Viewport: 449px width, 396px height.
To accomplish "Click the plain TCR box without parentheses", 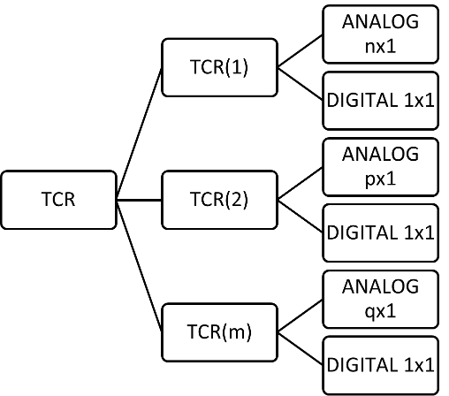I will (x=58, y=199).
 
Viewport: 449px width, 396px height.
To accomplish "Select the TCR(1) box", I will (x=220, y=67).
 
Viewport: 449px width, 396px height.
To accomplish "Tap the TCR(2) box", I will (x=220, y=199).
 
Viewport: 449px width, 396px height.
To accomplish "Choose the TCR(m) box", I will (x=220, y=332).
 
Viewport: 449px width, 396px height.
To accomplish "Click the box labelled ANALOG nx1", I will (x=380, y=34).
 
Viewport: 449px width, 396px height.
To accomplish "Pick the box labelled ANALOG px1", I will (x=380, y=166).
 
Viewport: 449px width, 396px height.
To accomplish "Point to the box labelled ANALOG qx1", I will (x=380, y=299).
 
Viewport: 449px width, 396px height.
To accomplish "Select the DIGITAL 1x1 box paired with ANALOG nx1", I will (x=380, y=100).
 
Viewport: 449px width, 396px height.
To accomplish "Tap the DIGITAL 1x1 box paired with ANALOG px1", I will (x=380, y=232).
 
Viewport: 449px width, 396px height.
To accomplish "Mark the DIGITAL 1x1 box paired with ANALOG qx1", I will (x=380, y=364).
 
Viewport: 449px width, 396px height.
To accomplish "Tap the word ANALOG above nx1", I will (x=380, y=22).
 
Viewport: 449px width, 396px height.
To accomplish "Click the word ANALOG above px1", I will (x=380, y=155).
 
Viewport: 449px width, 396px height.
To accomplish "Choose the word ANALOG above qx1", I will (x=380, y=287).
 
